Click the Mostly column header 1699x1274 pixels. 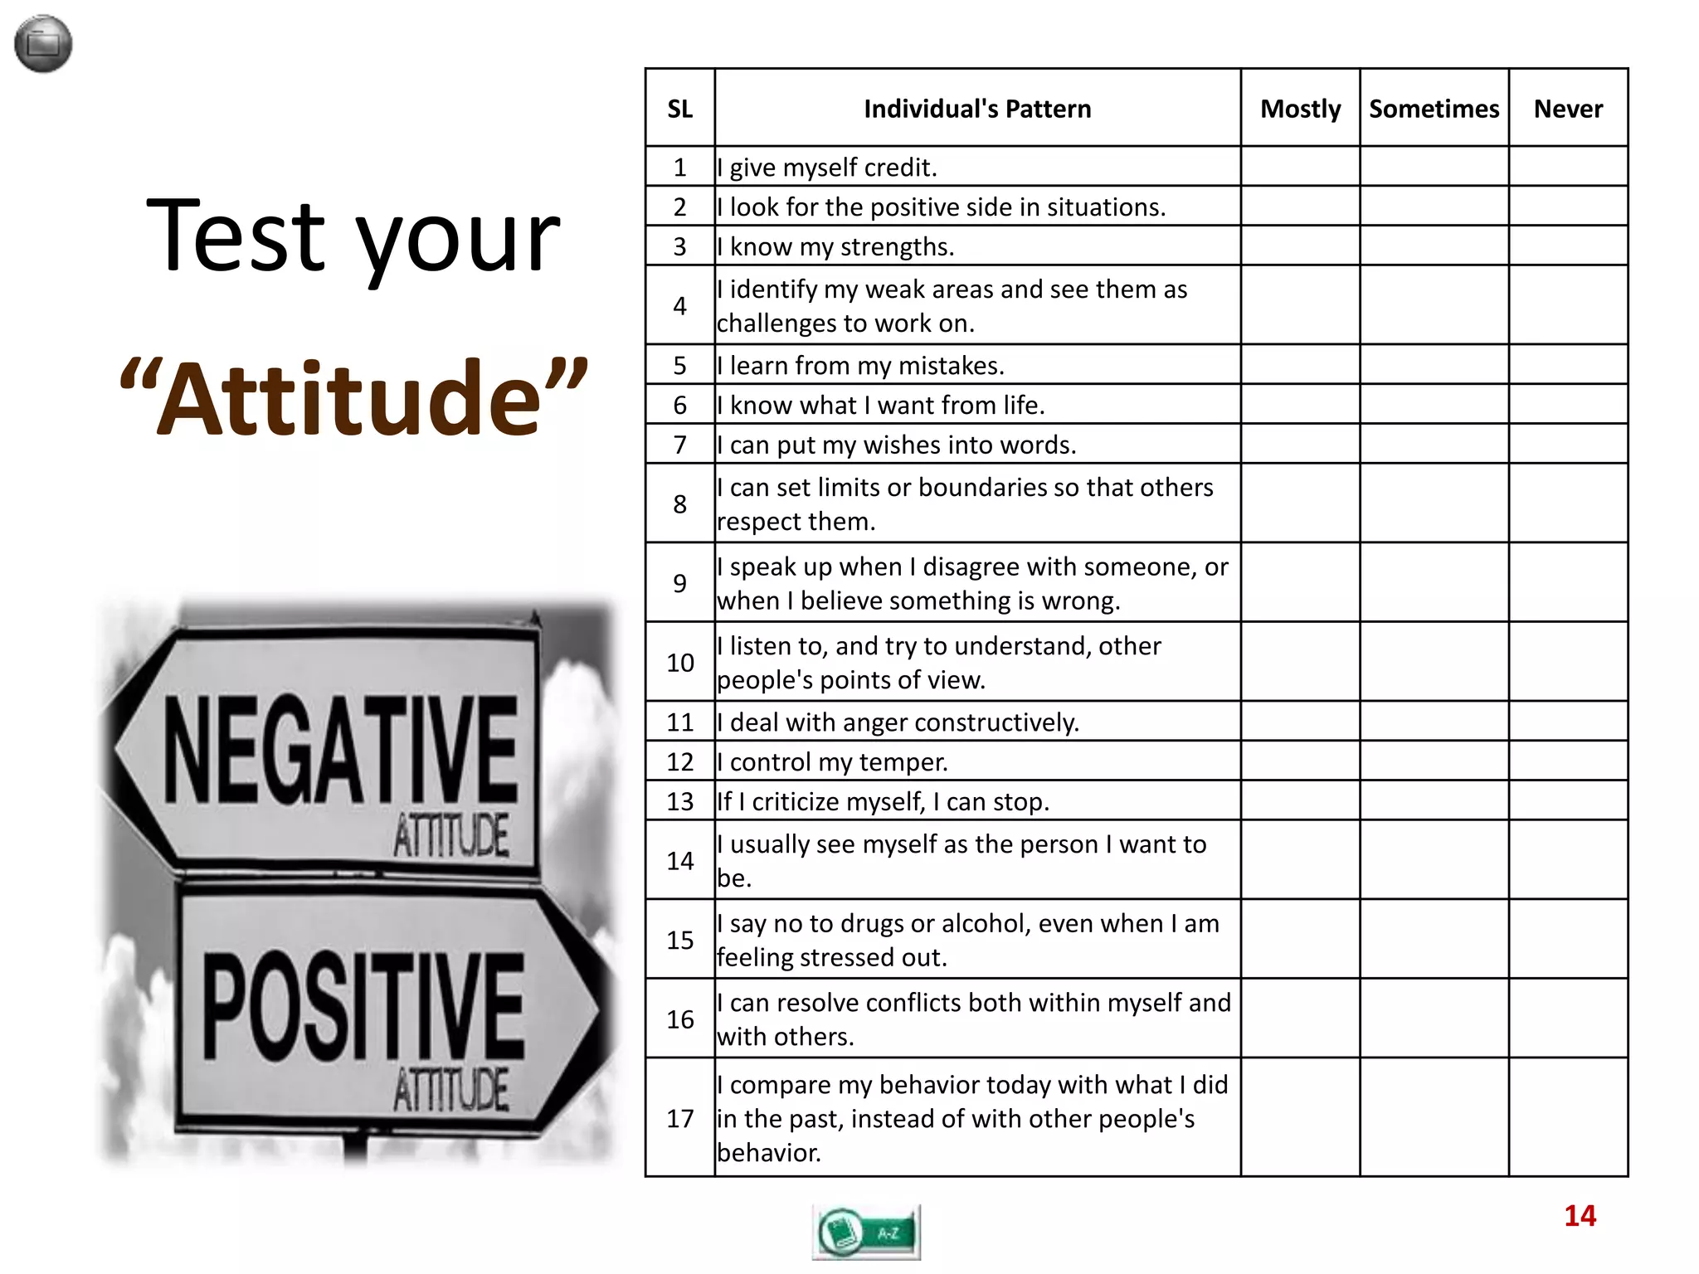pos(1300,109)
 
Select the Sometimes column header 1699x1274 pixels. pos(1434,109)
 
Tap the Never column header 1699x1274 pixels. pos(1568,109)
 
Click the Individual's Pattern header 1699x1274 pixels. pos(977,109)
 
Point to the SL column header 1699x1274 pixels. pos(679,109)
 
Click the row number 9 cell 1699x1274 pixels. pos(679,583)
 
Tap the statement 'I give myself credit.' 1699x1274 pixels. pos(827,168)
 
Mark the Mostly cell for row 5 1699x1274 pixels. pos(1300,365)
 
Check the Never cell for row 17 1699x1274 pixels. pos(1568,1117)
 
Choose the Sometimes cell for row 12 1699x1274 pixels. pos(1434,761)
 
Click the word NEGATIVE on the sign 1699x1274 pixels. pos(340,751)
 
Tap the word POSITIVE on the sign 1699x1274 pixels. pos(363,1006)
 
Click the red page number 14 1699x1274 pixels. pos(1580,1216)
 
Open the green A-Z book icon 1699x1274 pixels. pos(866,1233)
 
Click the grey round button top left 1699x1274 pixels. pos(43,44)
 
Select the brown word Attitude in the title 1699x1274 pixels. pos(353,398)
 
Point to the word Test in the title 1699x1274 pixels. pos(236,236)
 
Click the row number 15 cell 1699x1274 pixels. pos(679,940)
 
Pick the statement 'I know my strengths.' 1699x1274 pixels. pos(835,246)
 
